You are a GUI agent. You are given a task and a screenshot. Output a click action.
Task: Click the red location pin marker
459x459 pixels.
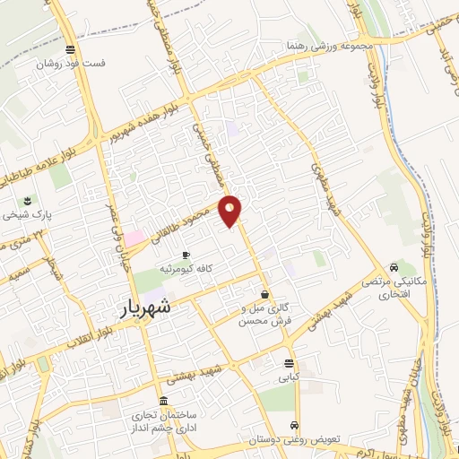click(x=231, y=212)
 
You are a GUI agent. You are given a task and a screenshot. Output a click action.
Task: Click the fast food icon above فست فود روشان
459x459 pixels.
click(x=70, y=50)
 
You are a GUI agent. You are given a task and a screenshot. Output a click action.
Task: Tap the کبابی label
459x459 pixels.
click(x=288, y=378)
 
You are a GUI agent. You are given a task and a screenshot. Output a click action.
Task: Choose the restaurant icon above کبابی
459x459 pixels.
click(x=288, y=364)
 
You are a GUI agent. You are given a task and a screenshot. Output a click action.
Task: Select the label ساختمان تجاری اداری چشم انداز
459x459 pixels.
click(x=163, y=422)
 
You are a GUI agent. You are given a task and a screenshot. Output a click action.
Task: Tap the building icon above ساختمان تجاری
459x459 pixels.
click(x=162, y=401)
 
